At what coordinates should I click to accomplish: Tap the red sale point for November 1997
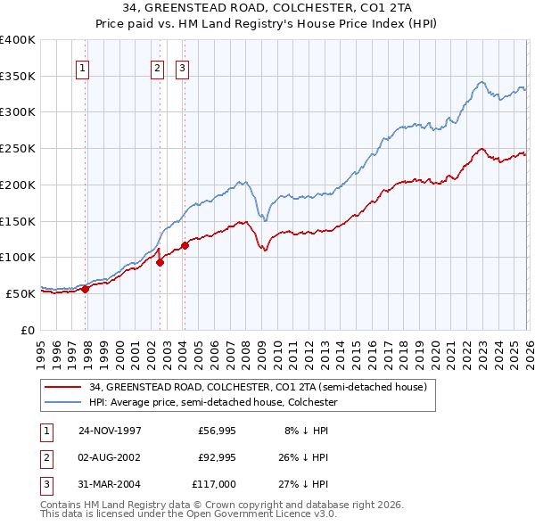click(86, 288)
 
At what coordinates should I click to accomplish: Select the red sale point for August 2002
click(160, 262)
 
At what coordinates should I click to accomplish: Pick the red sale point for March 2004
click(185, 245)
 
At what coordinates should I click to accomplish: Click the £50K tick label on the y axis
click(21, 293)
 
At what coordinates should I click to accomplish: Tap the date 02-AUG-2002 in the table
click(110, 457)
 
